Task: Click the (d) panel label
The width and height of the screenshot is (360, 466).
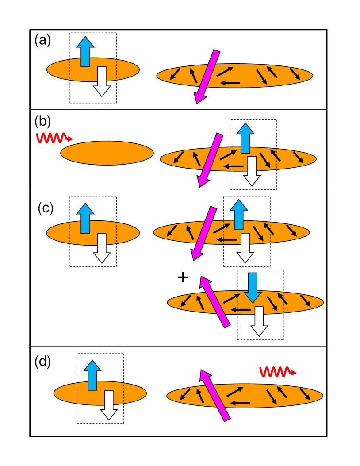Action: (x=42, y=362)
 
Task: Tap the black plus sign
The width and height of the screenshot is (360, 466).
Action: (x=183, y=277)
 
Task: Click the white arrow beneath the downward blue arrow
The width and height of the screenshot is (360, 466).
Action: (x=259, y=321)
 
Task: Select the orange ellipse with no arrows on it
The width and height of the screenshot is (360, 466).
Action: (x=107, y=153)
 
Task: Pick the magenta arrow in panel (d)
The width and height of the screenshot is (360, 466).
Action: (x=214, y=395)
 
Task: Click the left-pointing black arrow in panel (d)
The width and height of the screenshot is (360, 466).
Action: (x=240, y=403)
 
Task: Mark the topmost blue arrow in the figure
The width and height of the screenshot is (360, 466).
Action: (x=85, y=51)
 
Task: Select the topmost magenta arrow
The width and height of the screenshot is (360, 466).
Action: (x=207, y=77)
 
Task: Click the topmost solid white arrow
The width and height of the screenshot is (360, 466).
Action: (x=102, y=81)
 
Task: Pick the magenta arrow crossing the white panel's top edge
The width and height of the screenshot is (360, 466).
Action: (x=203, y=233)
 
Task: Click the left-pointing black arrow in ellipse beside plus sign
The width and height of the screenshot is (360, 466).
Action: (x=241, y=309)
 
